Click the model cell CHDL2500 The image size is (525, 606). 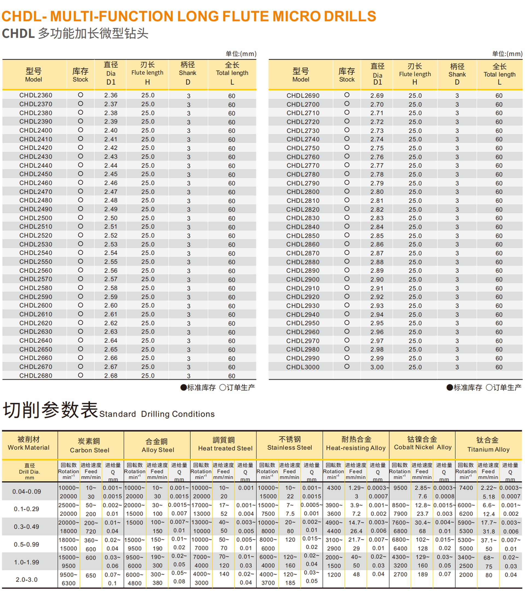coord(36,218)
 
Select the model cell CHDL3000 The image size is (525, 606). coord(303,367)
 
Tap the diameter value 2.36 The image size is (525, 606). coord(111,95)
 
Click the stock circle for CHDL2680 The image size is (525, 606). coord(81,375)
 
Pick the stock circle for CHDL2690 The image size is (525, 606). coord(347,95)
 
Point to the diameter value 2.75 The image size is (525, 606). coord(377,148)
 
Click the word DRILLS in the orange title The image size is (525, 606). coord(350,16)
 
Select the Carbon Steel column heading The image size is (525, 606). coord(89,450)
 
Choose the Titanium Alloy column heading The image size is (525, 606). coord(488,449)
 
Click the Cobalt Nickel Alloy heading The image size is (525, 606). coord(422,447)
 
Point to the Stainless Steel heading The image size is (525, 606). coord(290,447)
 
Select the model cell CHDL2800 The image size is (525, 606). coord(303,192)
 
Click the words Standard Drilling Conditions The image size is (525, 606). coord(157,414)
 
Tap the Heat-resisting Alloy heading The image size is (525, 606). coord(356,448)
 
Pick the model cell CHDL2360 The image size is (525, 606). coord(36,95)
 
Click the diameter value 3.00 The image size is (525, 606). coord(377,367)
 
